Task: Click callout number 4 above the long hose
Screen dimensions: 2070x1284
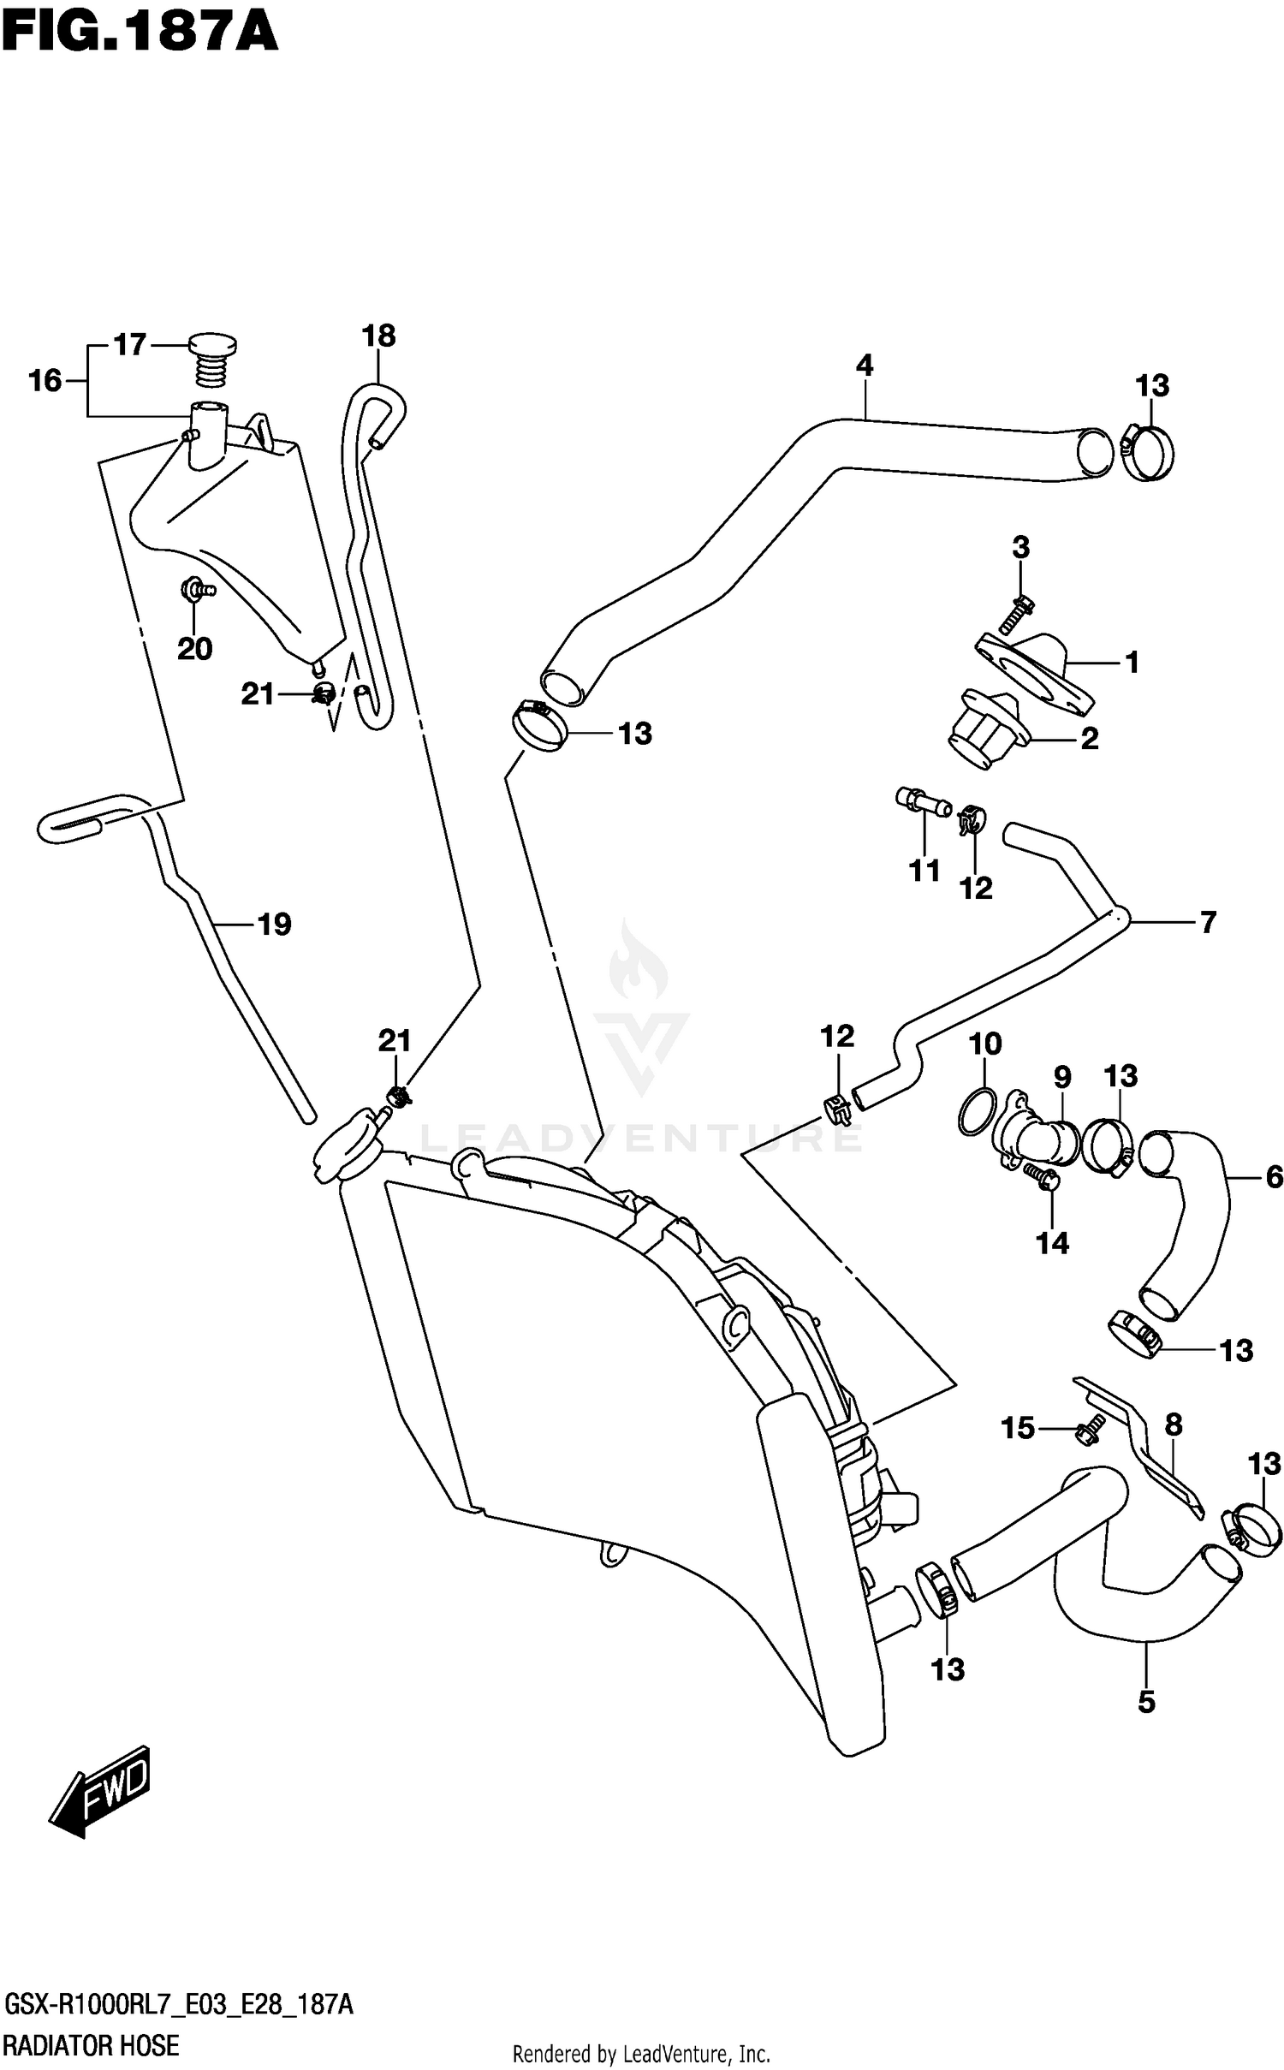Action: (x=865, y=366)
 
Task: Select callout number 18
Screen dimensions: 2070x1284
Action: (x=378, y=336)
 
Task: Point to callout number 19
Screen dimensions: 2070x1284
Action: (x=275, y=925)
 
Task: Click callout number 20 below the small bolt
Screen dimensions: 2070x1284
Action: (x=194, y=649)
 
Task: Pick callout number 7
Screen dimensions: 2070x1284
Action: (x=1208, y=922)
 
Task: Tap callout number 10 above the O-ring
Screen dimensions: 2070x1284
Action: (x=985, y=1044)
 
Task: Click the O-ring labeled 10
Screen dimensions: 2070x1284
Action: (x=978, y=1112)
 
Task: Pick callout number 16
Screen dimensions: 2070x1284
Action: (x=45, y=380)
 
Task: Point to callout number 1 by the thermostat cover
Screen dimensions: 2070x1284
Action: (x=1132, y=662)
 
